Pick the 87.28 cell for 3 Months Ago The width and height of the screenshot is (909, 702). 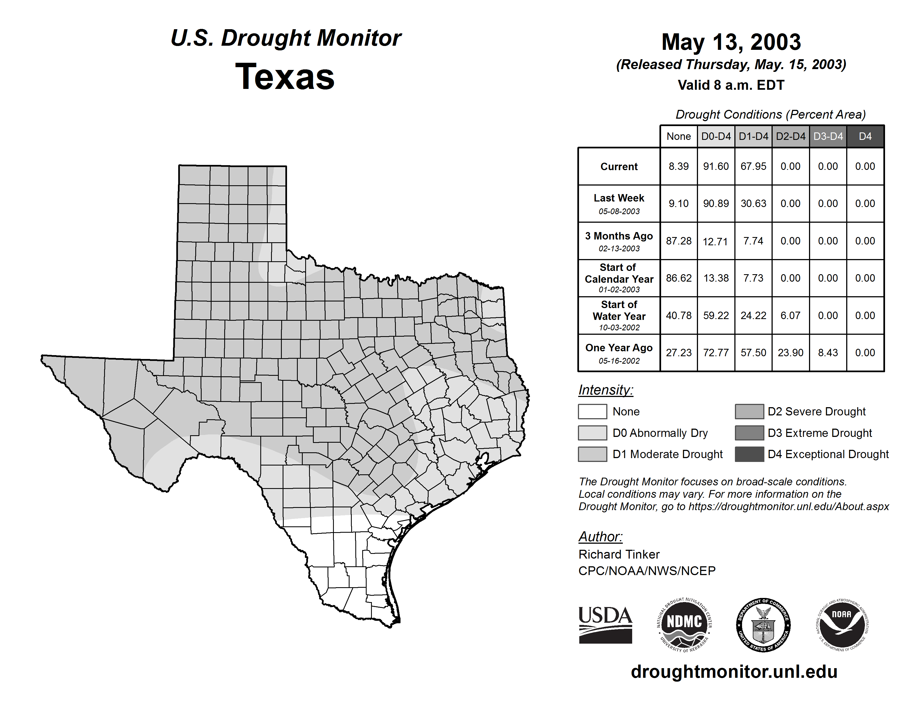678,241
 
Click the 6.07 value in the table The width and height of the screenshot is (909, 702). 790,316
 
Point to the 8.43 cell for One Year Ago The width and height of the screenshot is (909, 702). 828,353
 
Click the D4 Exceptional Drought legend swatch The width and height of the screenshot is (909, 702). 749,454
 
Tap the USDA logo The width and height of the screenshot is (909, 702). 605,625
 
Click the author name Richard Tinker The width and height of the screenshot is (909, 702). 619,554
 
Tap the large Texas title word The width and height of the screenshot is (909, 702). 285,77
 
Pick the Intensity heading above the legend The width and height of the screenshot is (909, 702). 605,390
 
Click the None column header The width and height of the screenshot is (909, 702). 678,136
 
